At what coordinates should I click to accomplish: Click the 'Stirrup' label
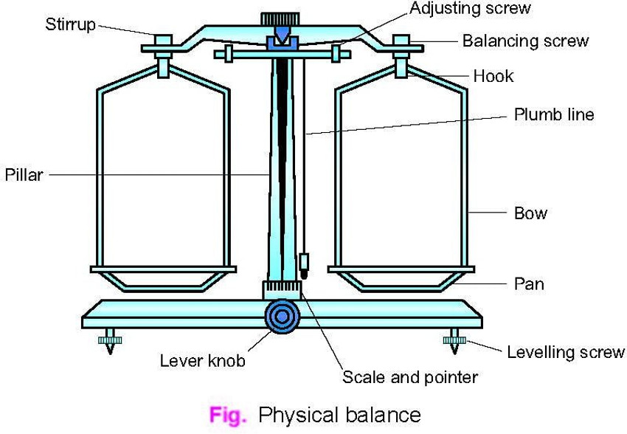[x=70, y=24]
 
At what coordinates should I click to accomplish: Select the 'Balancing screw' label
[x=525, y=41]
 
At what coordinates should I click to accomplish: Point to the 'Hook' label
[x=493, y=76]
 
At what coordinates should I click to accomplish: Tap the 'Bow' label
[x=530, y=214]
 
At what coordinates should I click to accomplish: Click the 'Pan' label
[x=529, y=283]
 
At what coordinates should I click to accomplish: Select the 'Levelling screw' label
[x=565, y=352]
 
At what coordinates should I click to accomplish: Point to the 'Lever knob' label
[x=202, y=362]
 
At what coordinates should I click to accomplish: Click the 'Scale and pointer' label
[x=410, y=378]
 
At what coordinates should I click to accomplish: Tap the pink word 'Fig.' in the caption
[x=226, y=415]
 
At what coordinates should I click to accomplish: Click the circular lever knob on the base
[x=282, y=316]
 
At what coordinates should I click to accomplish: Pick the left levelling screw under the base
[x=110, y=341]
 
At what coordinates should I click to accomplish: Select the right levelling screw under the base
[x=450, y=341]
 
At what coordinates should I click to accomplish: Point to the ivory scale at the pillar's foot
[x=281, y=289]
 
